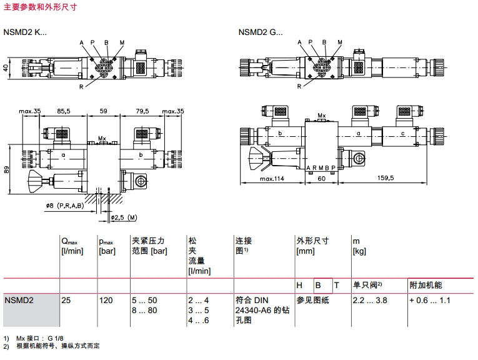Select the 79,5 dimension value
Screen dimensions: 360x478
pyautogui.click(x=142, y=111)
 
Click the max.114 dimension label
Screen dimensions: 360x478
pyautogui.click(x=271, y=178)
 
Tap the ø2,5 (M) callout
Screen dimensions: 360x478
pyautogui.click(x=123, y=217)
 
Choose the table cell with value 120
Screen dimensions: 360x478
pyautogui.click(x=106, y=301)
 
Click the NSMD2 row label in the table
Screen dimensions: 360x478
pyautogui.click(x=19, y=301)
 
